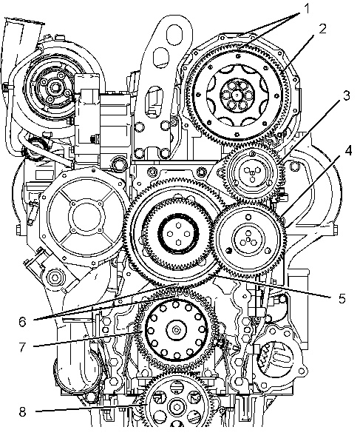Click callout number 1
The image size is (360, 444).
[x=307, y=10]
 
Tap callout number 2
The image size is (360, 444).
[x=322, y=29]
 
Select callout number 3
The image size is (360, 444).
[x=346, y=95]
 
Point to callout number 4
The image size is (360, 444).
[x=348, y=151]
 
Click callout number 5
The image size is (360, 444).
[x=342, y=298]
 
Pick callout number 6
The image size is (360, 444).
[x=23, y=322]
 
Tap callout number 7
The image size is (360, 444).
[x=23, y=347]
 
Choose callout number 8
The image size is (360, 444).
[x=23, y=412]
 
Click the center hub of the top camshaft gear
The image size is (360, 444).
[x=237, y=95]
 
